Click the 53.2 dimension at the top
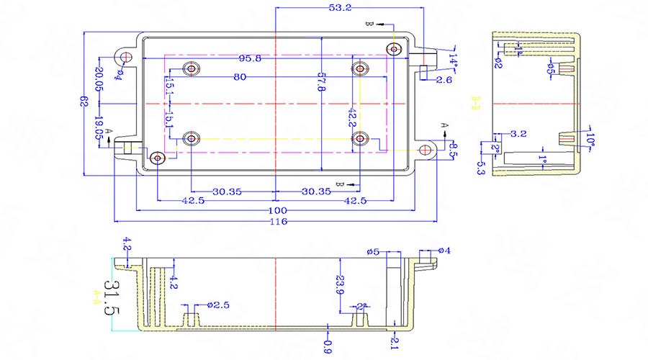(339, 8)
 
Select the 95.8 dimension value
(250, 58)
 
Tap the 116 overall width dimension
(278, 222)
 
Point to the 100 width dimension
(278, 210)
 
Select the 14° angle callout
(453, 58)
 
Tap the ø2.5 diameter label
(217, 305)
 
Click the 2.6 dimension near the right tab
(444, 80)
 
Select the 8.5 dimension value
(453, 150)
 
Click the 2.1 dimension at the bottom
(394, 342)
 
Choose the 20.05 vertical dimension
(99, 79)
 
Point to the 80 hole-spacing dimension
(240, 77)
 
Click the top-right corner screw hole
(393, 49)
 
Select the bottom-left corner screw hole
(157, 158)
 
